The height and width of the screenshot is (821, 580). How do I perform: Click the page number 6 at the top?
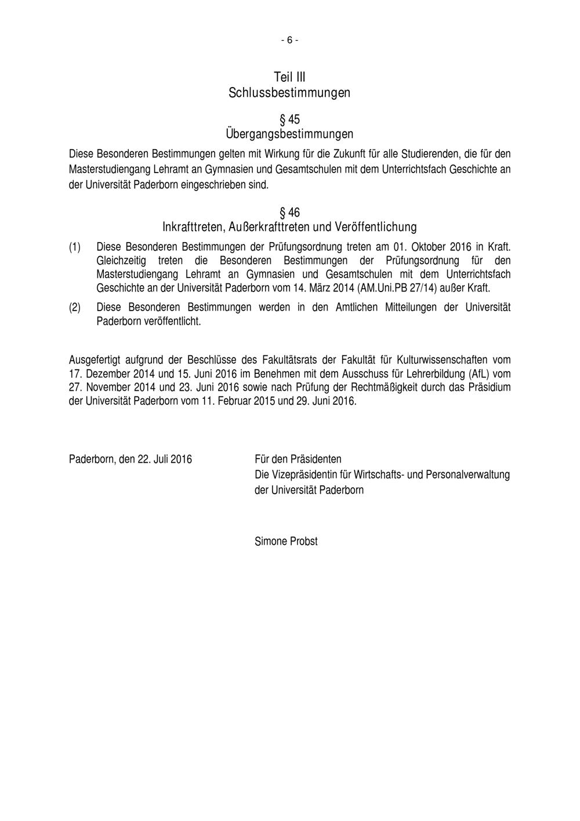point(289,40)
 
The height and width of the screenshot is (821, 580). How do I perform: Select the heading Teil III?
point(289,77)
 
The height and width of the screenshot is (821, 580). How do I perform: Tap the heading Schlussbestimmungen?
point(289,92)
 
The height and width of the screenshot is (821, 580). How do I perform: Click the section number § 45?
point(289,120)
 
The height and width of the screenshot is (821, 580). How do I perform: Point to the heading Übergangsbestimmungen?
point(289,134)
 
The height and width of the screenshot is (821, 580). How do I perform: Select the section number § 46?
point(289,212)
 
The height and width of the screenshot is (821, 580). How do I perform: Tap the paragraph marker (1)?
point(75,247)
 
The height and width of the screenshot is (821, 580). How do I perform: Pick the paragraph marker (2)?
point(75,308)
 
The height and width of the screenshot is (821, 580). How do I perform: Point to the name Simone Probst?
point(286,541)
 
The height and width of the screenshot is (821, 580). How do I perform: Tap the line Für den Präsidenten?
point(298,459)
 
